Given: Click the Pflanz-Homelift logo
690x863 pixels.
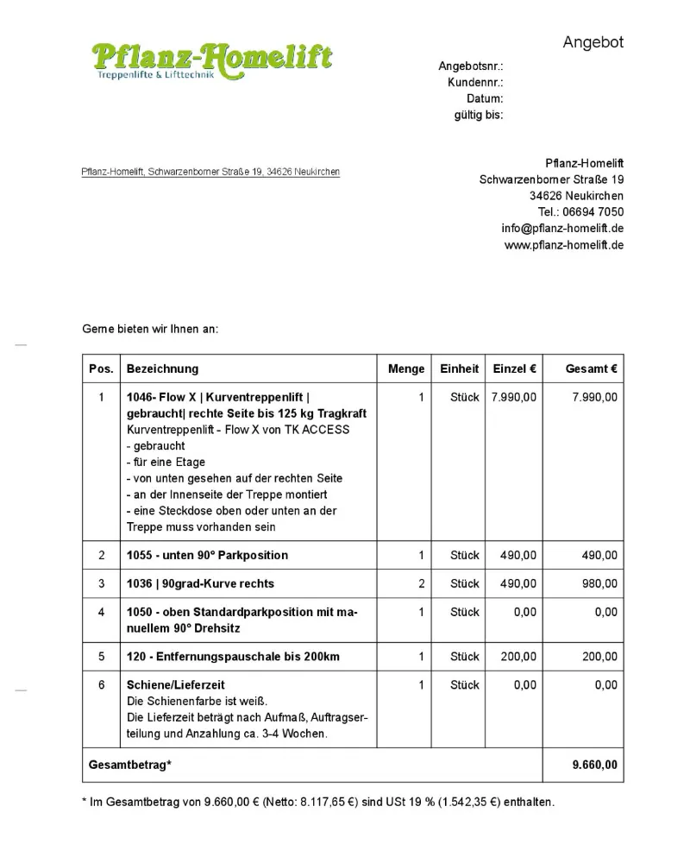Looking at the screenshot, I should click(211, 61).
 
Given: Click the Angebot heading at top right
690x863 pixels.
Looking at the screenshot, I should click(593, 42).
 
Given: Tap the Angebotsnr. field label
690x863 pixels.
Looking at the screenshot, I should click(471, 66).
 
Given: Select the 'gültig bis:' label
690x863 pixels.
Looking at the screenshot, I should click(478, 114).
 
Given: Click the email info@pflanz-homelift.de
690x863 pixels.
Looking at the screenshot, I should click(562, 229).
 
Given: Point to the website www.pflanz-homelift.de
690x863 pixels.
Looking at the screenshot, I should click(563, 245).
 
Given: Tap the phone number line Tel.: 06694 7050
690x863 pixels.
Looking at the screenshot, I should click(580, 212).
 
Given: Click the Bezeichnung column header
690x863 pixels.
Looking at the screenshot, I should click(162, 369).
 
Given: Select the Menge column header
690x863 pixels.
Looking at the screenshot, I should click(406, 369).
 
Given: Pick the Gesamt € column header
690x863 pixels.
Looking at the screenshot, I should click(591, 369).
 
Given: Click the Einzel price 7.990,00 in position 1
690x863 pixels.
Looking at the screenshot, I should click(513, 397).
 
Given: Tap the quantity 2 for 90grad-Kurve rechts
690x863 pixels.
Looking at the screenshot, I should click(422, 583).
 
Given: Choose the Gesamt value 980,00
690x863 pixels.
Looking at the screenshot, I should click(599, 583).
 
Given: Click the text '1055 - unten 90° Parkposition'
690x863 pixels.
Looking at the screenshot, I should click(207, 555).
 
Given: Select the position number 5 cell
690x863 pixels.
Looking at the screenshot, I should click(101, 657).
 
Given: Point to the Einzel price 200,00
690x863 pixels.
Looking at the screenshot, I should click(518, 657).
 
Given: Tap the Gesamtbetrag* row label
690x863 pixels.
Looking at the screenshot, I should click(130, 765).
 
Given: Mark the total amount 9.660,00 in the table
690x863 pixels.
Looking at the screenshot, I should click(594, 765).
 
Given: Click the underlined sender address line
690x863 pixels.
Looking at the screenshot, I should click(210, 172).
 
